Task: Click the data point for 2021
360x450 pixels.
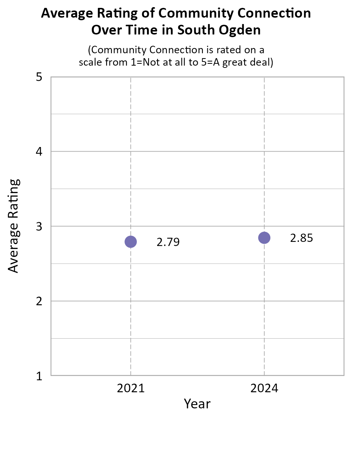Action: (x=130, y=241)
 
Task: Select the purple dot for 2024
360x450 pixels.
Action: (x=264, y=238)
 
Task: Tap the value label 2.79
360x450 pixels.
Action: (x=168, y=242)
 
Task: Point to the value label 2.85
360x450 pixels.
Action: (x=301, y=238)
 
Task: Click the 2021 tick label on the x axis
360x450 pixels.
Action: (x=130, y=388)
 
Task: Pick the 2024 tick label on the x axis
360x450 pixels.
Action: (x=264, y=388)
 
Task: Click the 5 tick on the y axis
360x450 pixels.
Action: (x=39, y=78)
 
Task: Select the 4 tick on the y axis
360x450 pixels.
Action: (x=39, y=152)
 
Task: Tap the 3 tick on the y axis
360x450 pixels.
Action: (x=39, y=226)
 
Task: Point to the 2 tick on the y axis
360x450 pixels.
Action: (x=39, y=301)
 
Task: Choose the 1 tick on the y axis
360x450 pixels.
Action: (x=39, y=376)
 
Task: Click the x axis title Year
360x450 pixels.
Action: (x=197, y=404)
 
